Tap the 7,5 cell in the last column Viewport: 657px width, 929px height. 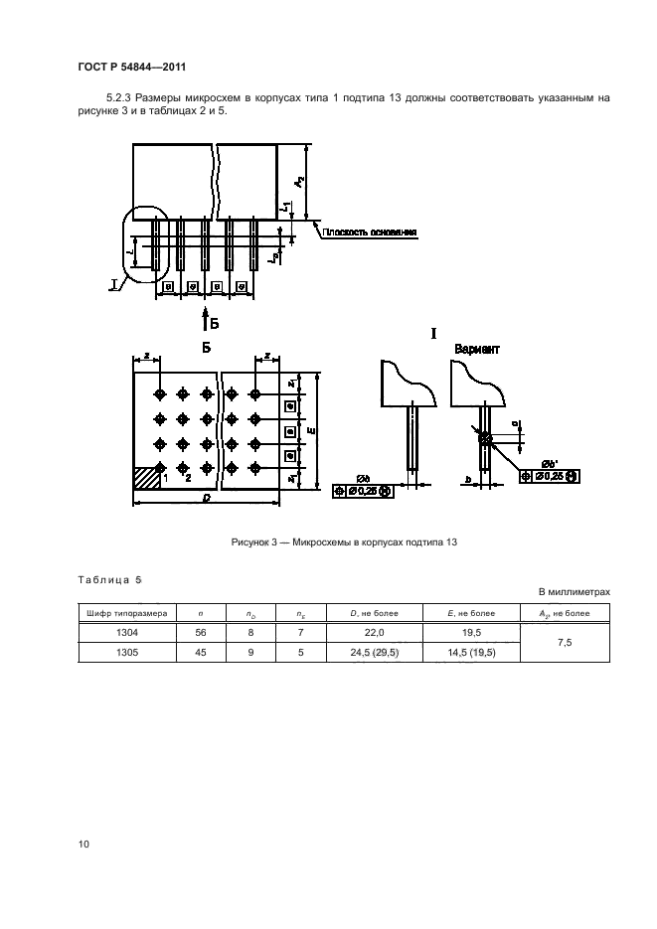pos(565,643)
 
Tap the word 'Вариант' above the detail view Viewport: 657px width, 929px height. pos(476,351)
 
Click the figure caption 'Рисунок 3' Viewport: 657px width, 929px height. pos(343,542)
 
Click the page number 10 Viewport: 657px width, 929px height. pos(83,845)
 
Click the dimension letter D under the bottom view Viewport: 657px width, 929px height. pos(205,498)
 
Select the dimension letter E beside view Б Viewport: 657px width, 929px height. pos(313,431)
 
